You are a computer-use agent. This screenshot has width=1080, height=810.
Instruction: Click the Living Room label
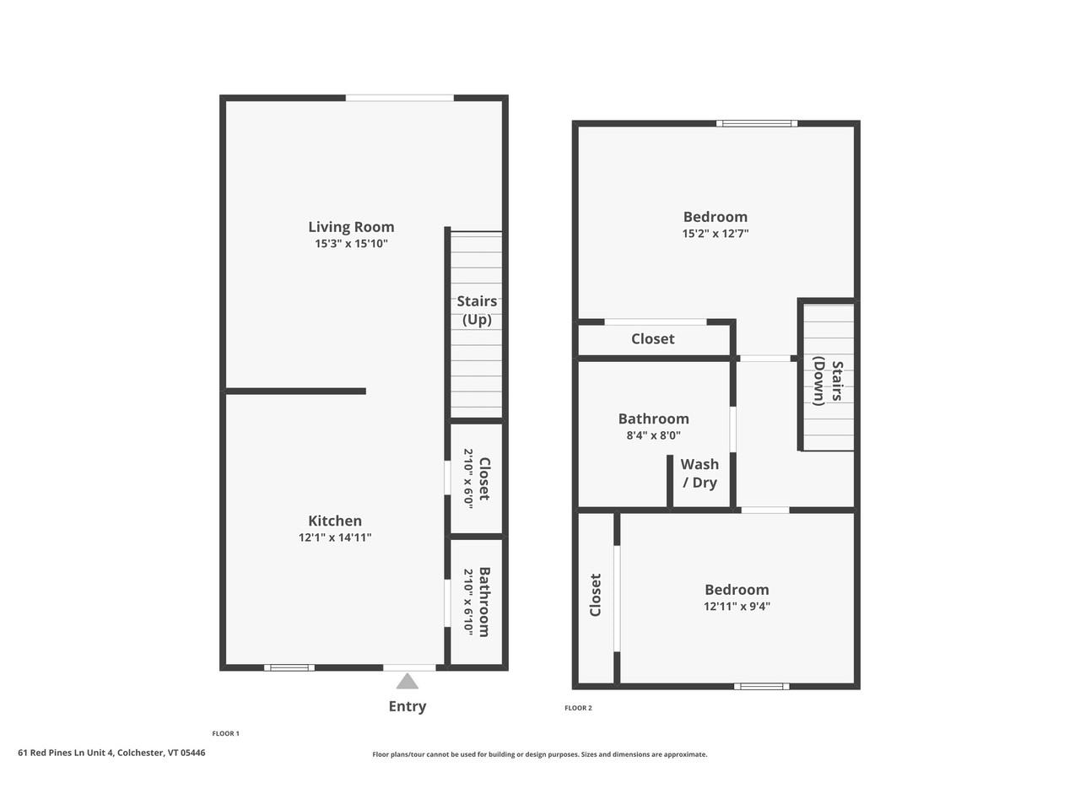[351, 226]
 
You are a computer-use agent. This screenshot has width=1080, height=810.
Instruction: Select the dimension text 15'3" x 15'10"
[351, 244]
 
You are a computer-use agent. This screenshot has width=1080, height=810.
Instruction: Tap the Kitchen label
[335, 521]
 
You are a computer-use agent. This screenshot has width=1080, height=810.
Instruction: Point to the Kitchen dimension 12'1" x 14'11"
[335, 537]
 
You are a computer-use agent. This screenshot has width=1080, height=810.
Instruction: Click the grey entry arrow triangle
[408, 681]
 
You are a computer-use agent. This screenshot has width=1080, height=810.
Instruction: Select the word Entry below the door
[408, 706]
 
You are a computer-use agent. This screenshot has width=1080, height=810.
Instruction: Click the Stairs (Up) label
[477, 310]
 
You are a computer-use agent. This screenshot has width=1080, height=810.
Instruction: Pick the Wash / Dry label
[699, 473]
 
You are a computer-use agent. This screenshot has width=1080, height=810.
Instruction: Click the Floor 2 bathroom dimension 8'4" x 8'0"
[654, 436]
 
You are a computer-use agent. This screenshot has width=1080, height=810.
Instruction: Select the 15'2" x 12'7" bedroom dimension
[715, 234]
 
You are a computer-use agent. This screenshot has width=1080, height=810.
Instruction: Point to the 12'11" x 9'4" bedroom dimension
[737, 606]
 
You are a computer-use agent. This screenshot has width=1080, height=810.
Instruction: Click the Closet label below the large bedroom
[652, 338]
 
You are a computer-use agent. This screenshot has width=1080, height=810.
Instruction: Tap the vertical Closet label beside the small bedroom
[596, 595]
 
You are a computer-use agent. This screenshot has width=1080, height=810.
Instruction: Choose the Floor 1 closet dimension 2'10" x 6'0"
[468, 478]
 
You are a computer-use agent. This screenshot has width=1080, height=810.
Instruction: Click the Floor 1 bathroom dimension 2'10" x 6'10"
[468, 601]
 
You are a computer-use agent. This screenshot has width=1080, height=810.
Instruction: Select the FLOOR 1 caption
[225, 733]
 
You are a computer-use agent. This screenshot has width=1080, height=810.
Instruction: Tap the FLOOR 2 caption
[578, 708]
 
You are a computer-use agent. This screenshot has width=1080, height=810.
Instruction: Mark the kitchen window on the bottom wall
[289, 667]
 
